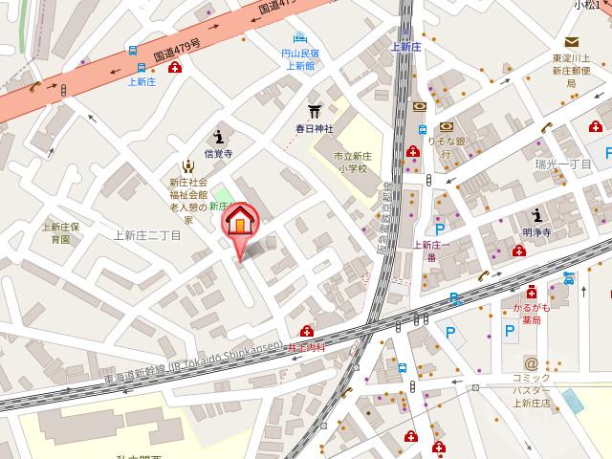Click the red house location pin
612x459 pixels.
click(x=240, y=222)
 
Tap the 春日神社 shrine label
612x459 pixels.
click(x=313, y=127)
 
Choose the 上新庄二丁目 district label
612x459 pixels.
click(x=146, y=235)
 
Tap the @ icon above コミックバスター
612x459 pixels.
click(x=531, y=363)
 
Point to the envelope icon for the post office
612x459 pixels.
click(x=571, y=42)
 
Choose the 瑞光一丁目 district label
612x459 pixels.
click(x=564, y=164)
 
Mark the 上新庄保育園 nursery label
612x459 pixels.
click(x=60, y=232)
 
